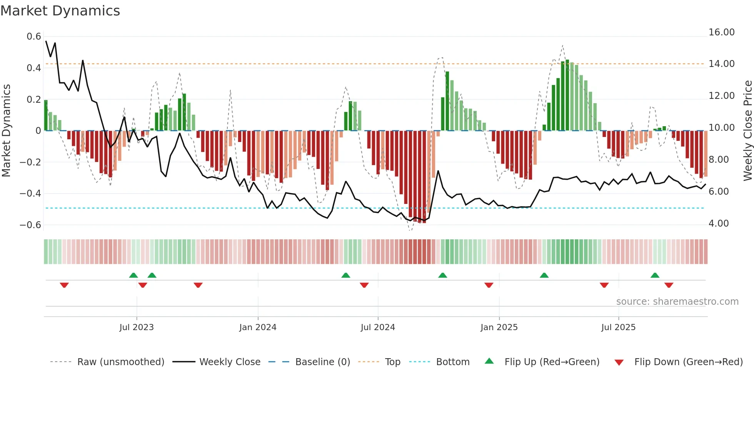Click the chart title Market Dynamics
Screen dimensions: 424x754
click(x=60, y=11)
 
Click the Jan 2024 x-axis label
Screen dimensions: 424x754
click(x=258, y=327)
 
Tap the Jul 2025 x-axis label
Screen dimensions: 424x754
click(x=618, y=327)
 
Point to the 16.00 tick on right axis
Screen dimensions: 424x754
click(x=721, y=32)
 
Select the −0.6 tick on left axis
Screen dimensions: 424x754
click(x=30, y=225)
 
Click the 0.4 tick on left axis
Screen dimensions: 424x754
click(x=33, y=68)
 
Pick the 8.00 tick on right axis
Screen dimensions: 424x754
click(x=718, y=160)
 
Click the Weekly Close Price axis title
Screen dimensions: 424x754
click(x=747, y=131)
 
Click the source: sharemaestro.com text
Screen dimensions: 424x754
click(x=677, y=302)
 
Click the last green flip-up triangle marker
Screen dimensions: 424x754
click(x=655, y=275)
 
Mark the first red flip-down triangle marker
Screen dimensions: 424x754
click(x=64, y=285)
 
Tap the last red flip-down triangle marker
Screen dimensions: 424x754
click(x=669, y=285)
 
